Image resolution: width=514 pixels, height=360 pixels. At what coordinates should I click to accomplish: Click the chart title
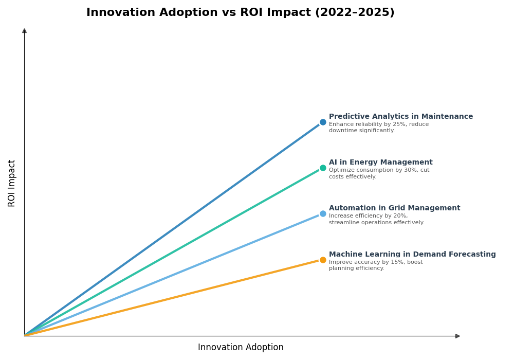pos(240,13)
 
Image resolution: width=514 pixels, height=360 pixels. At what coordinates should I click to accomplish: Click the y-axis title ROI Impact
pos(12,183)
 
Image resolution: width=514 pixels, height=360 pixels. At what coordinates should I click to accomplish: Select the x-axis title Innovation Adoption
pos(241,348)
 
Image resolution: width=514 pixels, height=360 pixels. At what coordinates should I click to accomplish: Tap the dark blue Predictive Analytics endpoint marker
pos(323,122)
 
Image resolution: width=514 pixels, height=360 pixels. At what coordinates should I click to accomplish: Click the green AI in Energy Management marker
pos(323,168)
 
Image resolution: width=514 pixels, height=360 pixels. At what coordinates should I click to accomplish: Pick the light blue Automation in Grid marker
pos(323,214)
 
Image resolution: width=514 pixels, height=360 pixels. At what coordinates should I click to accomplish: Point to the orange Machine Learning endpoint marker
pos(323,260)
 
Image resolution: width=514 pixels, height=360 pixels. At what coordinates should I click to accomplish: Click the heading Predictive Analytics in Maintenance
pos(401,117)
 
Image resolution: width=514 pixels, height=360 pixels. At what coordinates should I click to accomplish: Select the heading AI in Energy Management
pos(380,163)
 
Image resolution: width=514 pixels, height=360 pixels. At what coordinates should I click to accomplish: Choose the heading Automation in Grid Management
pos(394,208)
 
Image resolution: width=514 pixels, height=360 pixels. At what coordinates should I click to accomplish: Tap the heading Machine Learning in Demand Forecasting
pos(412,255)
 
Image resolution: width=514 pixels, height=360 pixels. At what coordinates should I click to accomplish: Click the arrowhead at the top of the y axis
pos(24,31)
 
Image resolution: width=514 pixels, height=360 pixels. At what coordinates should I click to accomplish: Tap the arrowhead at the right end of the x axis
pos(457,336)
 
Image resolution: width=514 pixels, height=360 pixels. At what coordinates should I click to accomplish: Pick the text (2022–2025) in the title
pos(354,13)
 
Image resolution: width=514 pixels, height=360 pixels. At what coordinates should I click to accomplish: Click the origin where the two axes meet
pos(24,336)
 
